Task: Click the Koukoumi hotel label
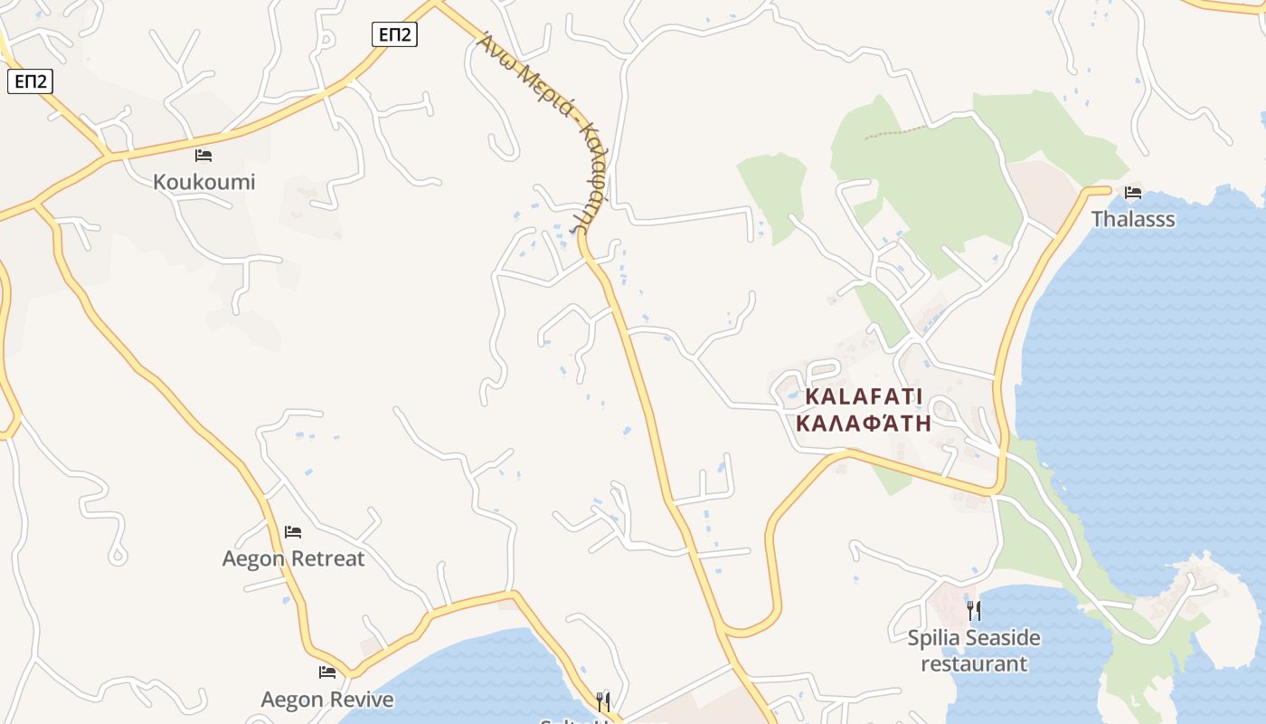click(203, 182)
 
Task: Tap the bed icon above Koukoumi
click(203, 156)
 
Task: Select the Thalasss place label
click(1133, 219)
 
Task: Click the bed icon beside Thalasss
click(1133, 192)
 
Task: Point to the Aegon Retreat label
click(293, 558)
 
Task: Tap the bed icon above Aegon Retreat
click(293, 531)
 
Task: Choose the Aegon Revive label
click(327, 700)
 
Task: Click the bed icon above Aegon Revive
click(327, 672)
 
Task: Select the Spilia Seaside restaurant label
click(974, 651)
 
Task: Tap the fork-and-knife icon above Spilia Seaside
click(974, 610)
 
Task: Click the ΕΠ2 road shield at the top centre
click(395, 34)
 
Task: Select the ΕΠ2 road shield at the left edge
click(31, 81)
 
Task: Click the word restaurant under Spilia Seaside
click(974, 663)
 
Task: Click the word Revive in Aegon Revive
click(361, 700)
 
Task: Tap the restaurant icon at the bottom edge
click(603, 701)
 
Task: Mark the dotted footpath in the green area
click(895, 133)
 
